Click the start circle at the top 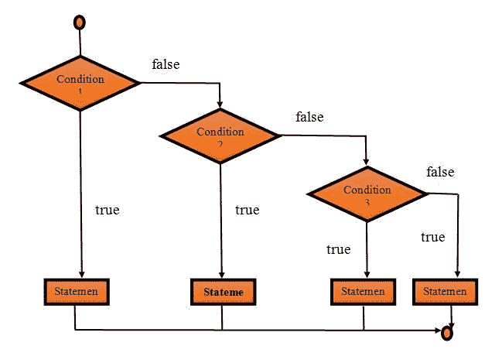pos(79,22)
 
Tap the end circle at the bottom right pos(446,333)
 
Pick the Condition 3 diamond pos(367,193)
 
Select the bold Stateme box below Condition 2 pos(223,293)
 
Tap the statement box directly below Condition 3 pos(363,292)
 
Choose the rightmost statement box pos(445,292)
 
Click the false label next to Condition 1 pos(166,64)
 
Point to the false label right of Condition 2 pos(309,118)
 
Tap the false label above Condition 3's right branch pos(440,172)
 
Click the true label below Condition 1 pos(107,210)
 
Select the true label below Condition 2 pos(247,210)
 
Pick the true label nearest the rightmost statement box pos(432,237)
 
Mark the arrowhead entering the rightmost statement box pos(459,275)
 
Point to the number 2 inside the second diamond pos(220,144)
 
